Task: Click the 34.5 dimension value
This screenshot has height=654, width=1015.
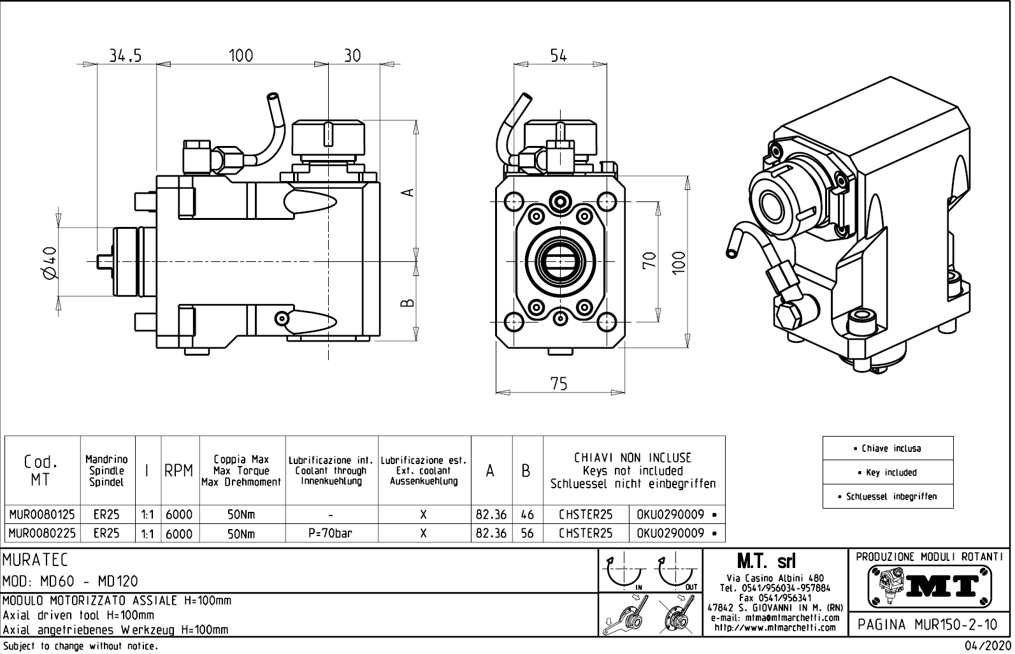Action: coord(124,56)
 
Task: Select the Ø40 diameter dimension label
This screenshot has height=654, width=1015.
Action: coord(49,263)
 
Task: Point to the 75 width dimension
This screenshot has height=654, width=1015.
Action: coord(559,384)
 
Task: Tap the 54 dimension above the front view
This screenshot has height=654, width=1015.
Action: coord(558,56)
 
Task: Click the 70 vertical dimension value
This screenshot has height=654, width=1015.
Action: coord(649,260)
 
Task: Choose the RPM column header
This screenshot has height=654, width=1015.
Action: coord(179,471)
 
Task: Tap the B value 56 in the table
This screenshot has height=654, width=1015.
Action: coord(527,534)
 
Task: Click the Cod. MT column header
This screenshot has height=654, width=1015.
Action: coord(40,470)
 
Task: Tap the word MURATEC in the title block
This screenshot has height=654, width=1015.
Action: coord(36,560)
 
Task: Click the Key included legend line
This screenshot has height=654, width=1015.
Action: coord(888,473)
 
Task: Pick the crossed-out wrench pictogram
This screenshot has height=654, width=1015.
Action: coord(677,614)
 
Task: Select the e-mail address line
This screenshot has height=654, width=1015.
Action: coord(775,618)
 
